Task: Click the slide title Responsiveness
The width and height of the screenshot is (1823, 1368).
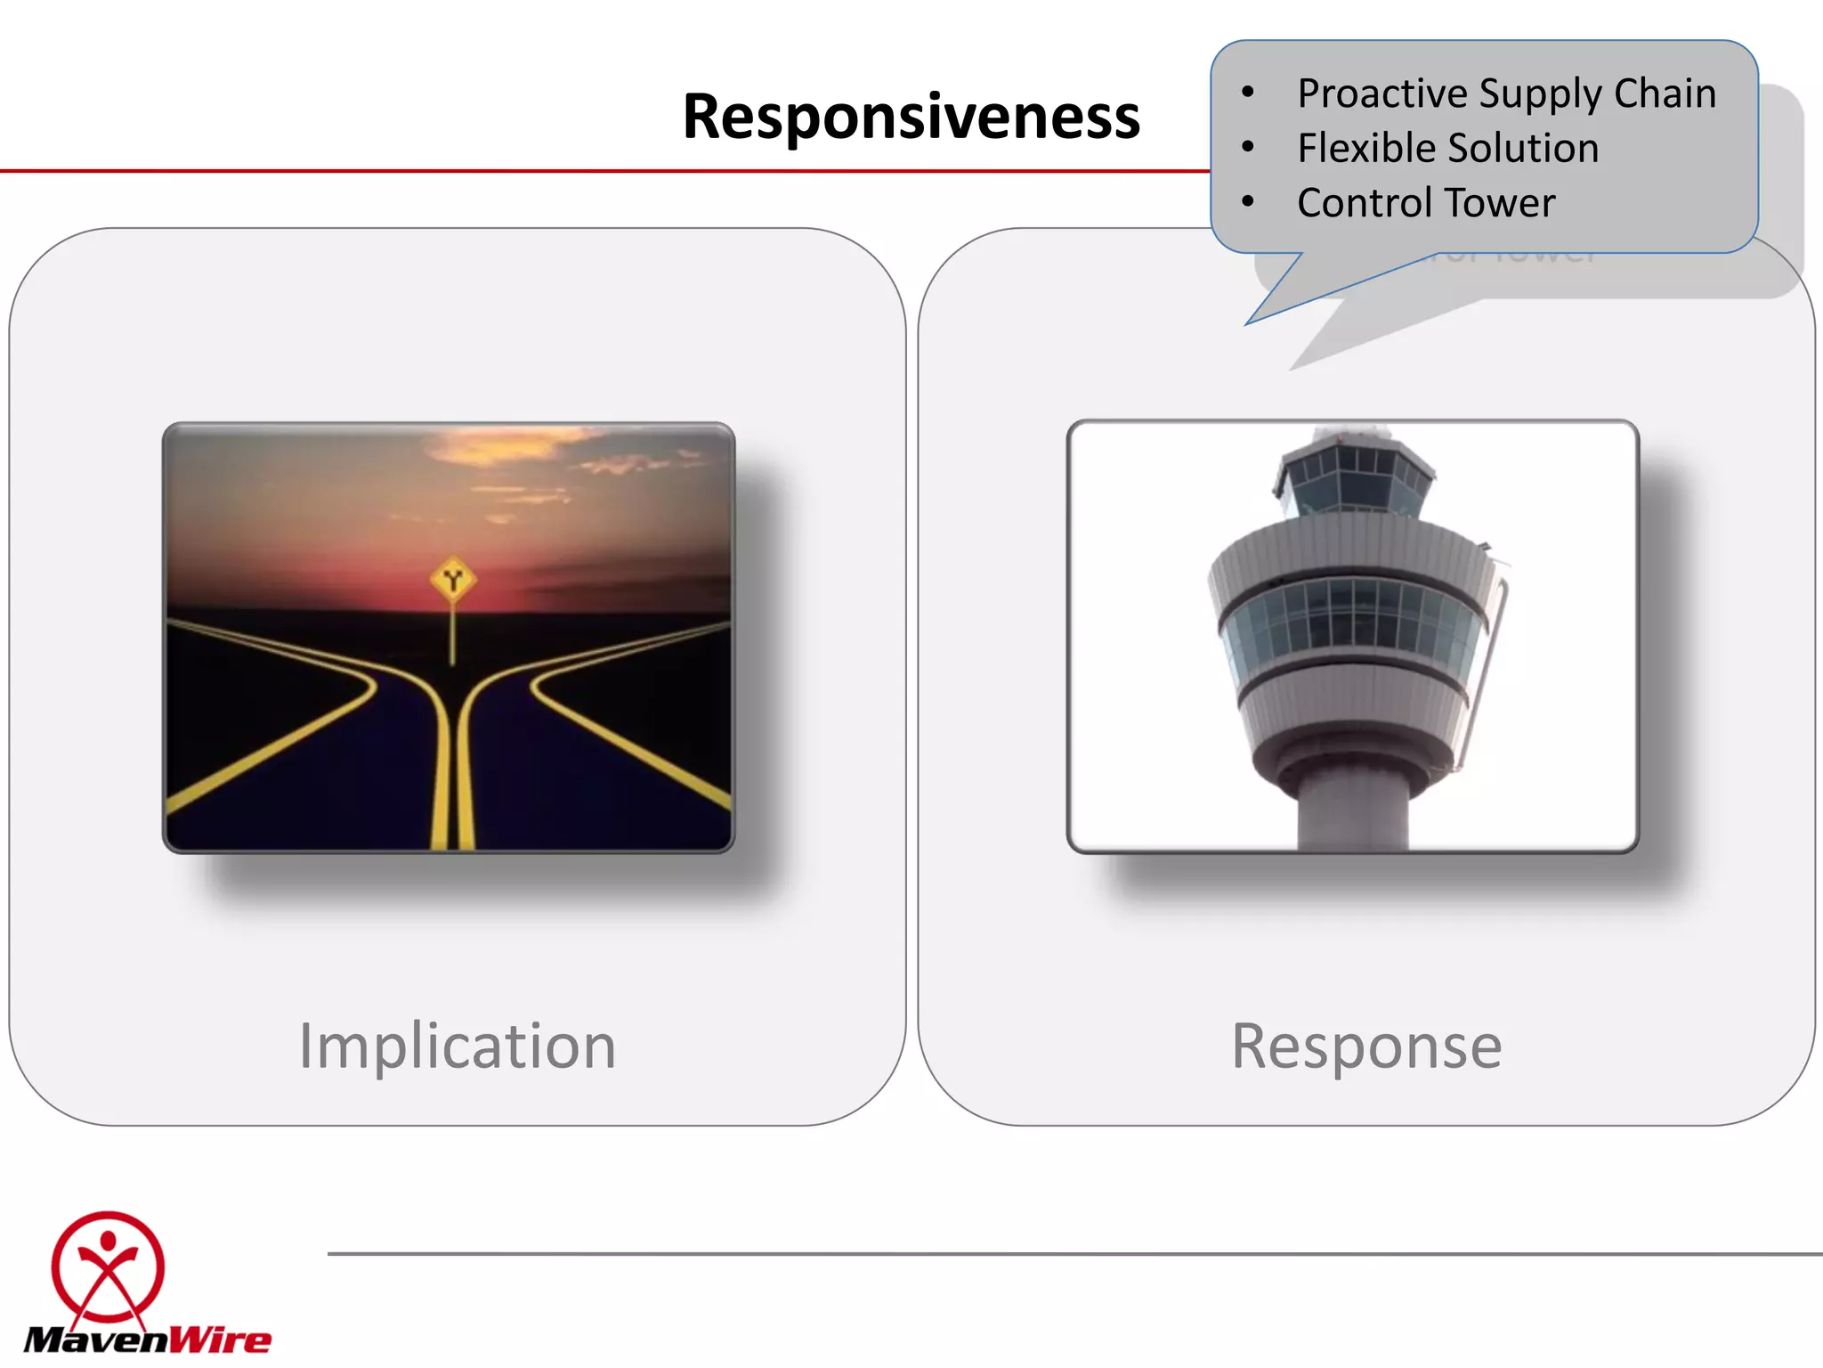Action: tap(911, 117)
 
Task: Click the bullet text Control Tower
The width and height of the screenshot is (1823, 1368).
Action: tap(1425, 203)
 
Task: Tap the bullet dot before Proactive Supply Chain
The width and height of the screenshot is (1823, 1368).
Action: tap(1248, 92)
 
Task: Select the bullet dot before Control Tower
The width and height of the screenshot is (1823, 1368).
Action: tap(1248, 201)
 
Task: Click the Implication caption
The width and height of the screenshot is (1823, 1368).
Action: tap(457, 1046)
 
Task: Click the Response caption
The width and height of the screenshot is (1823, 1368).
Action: tap(1366, 1046)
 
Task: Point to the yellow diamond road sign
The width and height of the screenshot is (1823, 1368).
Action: tap(453, 581)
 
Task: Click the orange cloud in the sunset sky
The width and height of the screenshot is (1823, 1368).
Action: tap(507, 445)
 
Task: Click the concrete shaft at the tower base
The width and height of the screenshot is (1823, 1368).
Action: tap(1353, 810)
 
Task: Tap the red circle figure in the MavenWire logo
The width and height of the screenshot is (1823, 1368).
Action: tap(108, 1266)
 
